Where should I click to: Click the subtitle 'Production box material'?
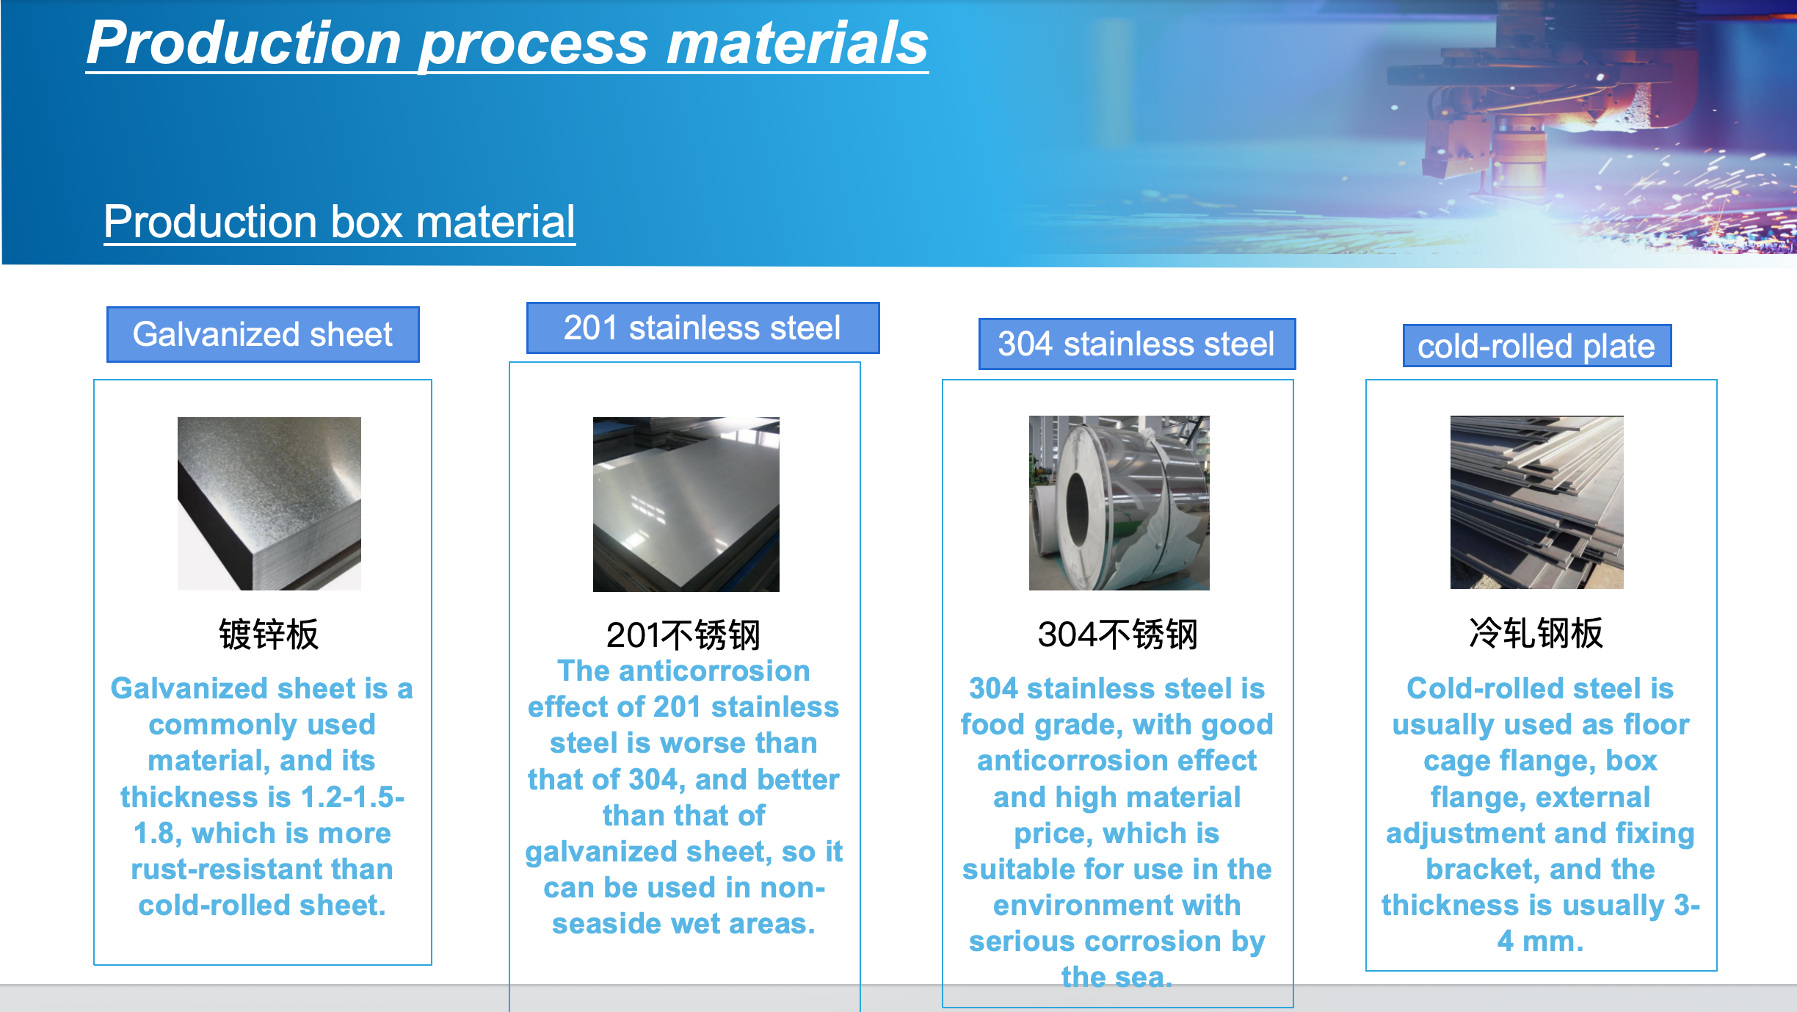click(339, 222)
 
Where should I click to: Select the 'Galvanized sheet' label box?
click(263, 334)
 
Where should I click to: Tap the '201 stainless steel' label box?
click(703, 328)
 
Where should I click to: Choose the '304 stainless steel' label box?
click(1136, 344)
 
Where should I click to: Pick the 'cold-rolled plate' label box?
click(1536, 346)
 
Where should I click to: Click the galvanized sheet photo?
click(269, 503)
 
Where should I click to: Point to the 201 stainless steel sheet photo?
click(686, 504)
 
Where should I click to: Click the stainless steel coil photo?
click(1119, 503)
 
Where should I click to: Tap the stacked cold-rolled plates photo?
click(1537, 502)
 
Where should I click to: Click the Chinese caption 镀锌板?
click(269, 634)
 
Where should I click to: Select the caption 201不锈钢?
click(683, 635)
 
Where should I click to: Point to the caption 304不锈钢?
click(1117, 634)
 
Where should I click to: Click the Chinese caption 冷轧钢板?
click(1536, 633)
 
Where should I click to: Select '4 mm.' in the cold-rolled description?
click(1540, 941)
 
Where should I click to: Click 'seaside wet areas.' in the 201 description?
click(683, 923)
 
